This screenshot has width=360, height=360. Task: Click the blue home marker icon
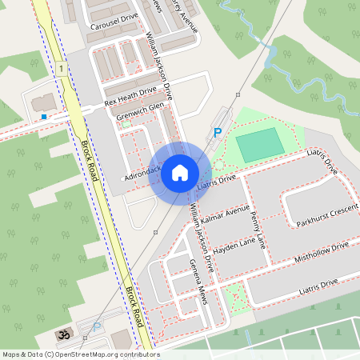[180, 173]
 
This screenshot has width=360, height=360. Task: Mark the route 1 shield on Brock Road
[61, 70]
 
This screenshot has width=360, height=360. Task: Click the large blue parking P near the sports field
[216, 132]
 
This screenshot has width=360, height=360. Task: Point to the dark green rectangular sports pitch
[260, 144]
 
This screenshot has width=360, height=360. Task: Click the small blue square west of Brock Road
[43, 117]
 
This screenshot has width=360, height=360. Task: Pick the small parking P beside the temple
[98, 326]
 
